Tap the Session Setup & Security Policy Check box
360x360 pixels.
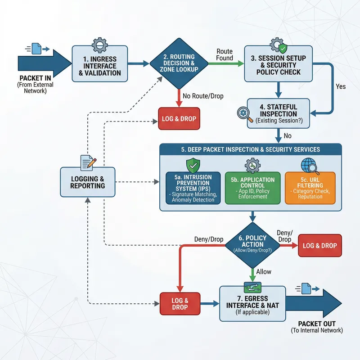point(278,65)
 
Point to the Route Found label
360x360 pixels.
point(225,54)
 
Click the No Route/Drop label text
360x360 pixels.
point(202,96)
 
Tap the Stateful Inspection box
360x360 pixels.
point(278,113)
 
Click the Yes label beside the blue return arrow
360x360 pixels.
point(341,86)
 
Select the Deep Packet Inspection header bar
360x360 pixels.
point(251,149)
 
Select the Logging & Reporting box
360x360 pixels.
point(87,182)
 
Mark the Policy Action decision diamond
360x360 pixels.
point(250,244)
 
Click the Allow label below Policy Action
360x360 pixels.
point(264,272)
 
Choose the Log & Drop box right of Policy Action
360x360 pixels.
point(319,246)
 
